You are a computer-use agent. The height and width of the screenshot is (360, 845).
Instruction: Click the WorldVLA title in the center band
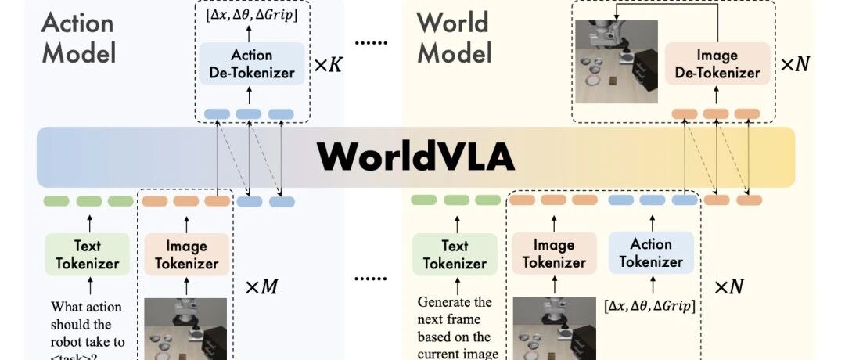(x=415, y=157)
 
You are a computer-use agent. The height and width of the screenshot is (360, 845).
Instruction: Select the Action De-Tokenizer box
(x=251, y=64)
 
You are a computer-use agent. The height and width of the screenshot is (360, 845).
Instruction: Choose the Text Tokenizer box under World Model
(x=455, y=254)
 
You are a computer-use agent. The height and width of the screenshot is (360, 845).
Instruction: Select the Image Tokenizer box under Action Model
(x=186, y=254)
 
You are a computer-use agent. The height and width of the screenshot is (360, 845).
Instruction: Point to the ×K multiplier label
(x=328, y=65)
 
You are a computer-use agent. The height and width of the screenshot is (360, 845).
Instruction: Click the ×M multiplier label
(x=261, y=286)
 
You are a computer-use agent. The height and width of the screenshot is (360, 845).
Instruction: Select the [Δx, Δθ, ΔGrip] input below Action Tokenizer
(x=650, y=305)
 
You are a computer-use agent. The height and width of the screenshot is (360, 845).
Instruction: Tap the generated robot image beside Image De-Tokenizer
(x=616, y=62)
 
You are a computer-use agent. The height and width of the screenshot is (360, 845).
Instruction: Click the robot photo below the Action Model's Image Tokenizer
(x=185, y=329)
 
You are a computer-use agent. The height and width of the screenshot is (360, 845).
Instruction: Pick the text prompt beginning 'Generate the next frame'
(x=455, y=328)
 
